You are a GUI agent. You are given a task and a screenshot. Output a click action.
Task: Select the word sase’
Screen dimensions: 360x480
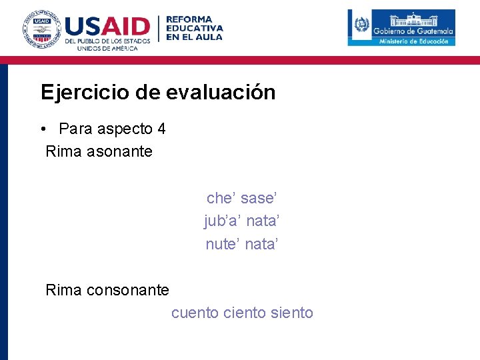[x=259, y=198]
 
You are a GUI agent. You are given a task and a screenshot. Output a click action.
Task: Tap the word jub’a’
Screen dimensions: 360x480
[x=223, y=221]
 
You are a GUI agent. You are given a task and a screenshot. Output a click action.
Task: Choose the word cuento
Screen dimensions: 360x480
[x=195, y=313]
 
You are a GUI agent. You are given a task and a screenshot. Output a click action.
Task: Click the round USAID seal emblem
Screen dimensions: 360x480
[x=39, y=29]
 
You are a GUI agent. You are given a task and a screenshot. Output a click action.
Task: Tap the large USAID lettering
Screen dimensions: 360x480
[x=108, y=27]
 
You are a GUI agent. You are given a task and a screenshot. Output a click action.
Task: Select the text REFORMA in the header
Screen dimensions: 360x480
[x=189, y=19]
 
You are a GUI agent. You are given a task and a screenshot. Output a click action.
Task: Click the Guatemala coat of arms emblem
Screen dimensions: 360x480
[x=361, y=27]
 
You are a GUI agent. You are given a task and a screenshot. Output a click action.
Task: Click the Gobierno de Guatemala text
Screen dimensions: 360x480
[x=413, y=31]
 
